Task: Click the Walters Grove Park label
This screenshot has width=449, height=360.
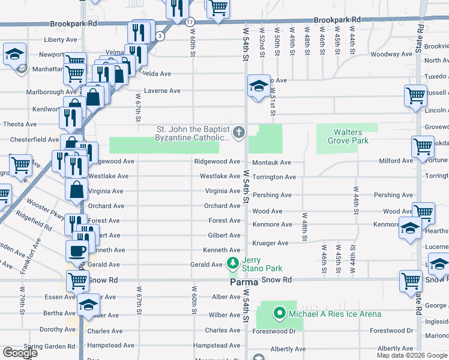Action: [348, 136]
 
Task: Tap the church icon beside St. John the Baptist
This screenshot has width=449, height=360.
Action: [239, 133]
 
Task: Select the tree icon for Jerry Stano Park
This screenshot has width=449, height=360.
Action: [232, 262]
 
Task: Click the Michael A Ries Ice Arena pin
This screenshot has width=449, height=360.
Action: [279, 313]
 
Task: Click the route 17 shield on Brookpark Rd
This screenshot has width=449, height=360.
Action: [190, 22]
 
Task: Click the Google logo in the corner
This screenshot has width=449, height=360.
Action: [20, 353]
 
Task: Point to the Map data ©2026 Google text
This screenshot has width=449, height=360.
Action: [411, 355]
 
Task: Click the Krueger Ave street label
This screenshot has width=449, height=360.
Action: [270, 243]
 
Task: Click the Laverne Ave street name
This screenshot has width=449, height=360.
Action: [162, 91]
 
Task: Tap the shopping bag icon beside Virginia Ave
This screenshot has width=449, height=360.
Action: [78, 190]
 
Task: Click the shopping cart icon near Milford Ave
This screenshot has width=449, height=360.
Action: [423, 146]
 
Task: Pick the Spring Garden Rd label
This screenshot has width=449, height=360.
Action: [45, 346]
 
